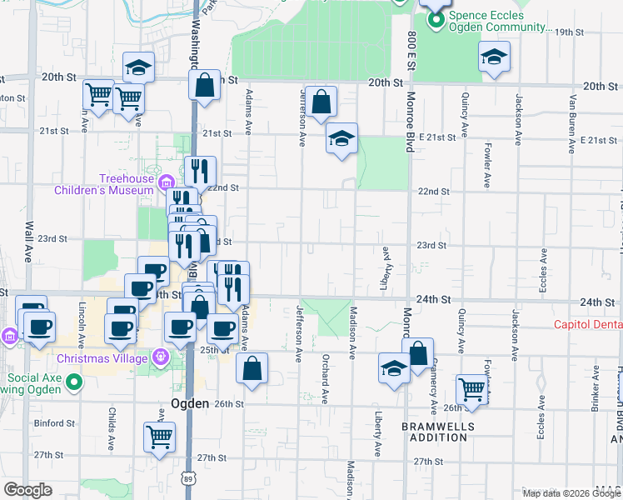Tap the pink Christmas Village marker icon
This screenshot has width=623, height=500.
(x=161, y=358)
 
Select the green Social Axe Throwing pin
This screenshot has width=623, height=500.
(x=75, y=383)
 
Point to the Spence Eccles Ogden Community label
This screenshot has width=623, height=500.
(x=498, y=21)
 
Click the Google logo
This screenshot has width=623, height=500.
(x=27, y=490)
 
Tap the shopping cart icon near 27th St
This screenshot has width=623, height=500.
(x=159, y=435)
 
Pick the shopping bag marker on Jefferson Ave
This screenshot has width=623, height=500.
(x=321, y=102)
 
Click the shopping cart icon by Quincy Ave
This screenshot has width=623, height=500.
(x=471, y=389)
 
